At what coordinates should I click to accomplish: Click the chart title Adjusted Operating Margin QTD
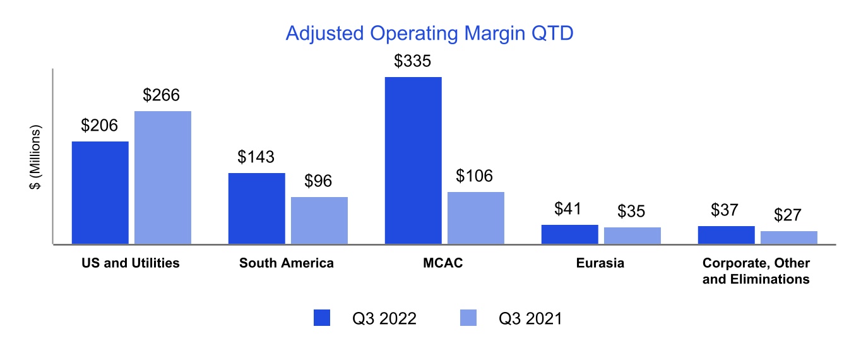[429, 34]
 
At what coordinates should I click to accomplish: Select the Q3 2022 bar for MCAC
[413, 160]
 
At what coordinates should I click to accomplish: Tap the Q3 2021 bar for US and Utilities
[163, 177]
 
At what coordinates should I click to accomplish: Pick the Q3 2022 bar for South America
[257, 208]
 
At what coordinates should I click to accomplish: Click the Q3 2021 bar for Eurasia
[632, 236]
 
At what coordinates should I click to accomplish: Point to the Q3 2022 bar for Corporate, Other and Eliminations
[727, 235]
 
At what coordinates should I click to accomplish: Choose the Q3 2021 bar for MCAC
[476, 218]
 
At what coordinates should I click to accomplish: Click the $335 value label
[412, 61]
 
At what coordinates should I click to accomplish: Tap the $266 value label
[161, 95]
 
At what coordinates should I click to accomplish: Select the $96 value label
[318, 181]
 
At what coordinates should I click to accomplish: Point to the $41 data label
[567, 208]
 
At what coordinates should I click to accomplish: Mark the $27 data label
[788, 215]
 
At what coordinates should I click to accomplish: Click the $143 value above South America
[256, 157]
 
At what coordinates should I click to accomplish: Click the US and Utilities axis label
[130, 263]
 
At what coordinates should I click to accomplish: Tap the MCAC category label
[442, 263]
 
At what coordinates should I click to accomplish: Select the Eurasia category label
[600, 263]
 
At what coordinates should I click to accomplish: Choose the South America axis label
[287, 263]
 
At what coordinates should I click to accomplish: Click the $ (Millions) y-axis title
[35, 157]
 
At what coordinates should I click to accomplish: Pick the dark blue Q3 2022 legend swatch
[322, 318]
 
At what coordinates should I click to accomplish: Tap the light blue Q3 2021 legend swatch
[468, 318]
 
